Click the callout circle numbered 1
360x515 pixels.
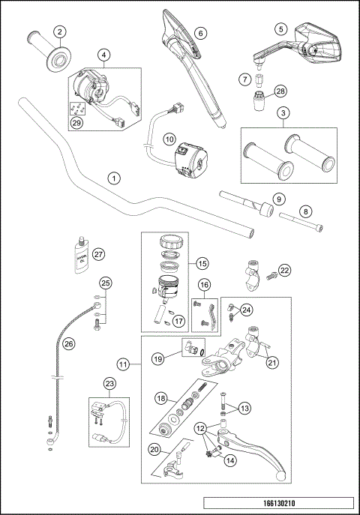[113, 178]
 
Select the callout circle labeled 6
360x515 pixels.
[200, 32]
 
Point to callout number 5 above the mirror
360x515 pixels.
[280, 29]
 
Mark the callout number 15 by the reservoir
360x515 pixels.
[201, 263]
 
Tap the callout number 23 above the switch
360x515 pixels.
[110, 383]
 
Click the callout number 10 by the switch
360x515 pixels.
[169, 139]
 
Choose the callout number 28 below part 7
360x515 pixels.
[280, 91]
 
